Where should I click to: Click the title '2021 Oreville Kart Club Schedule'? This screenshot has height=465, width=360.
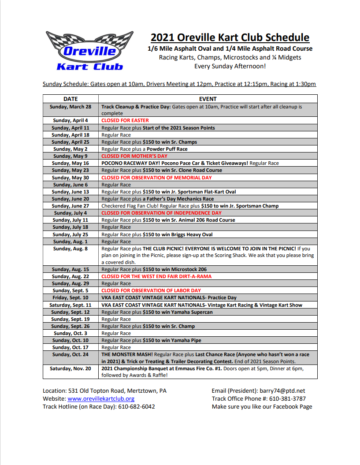coord(230,37)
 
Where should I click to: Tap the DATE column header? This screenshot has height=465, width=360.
coord(71,99)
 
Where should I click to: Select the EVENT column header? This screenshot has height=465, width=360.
coord(208,99)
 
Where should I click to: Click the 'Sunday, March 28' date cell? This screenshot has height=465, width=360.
coord(71,107)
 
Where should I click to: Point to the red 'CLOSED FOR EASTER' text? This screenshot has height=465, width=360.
coord(125,120)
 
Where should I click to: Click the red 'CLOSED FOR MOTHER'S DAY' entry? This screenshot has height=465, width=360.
coord(134,156)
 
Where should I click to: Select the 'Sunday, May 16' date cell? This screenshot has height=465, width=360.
coord(71,163)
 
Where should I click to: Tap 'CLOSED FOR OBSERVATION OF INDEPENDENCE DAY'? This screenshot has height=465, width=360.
coord(161,213)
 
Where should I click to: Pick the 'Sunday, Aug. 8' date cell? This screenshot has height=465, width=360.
coord(71,249)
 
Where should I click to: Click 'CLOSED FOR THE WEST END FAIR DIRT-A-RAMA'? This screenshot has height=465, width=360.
coord(156,276)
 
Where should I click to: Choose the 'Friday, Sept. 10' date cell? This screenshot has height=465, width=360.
coord(71,298)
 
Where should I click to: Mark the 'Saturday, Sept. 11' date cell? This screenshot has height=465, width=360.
coord(71,305)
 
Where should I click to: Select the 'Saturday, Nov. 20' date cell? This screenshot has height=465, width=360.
coord(71,368)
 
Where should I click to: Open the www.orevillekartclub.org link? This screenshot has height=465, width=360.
coord(101,398)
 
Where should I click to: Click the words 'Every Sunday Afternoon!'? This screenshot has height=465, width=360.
coord(230,67)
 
